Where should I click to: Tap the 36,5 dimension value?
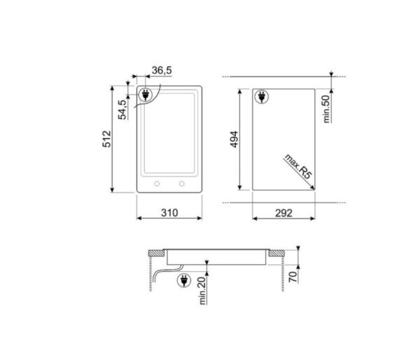coord(162,71)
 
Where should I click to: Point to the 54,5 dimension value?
coord(122,110)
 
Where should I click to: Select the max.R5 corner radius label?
coord(297,169)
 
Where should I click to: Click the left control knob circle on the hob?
coord(156,184)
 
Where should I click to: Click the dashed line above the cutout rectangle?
coord(280,76)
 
